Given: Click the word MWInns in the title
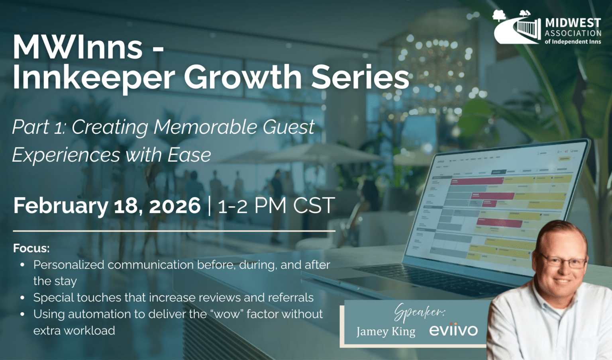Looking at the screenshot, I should (x=78, y=47).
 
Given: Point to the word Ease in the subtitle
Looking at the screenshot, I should (x=189, y=155).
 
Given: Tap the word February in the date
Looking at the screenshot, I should (x=60, y=205).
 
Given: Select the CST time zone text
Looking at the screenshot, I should (x=314, y=205).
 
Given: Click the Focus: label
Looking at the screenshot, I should (x=31, y=248).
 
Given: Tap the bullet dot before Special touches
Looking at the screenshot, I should (x=22, y=297).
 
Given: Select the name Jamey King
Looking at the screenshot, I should (x=385, y=331).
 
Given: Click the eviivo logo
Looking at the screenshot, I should (x=453, y=330).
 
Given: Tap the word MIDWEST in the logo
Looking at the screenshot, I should (x=573, y=23).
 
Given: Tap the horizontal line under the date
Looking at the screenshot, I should (x=174, y=231).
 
